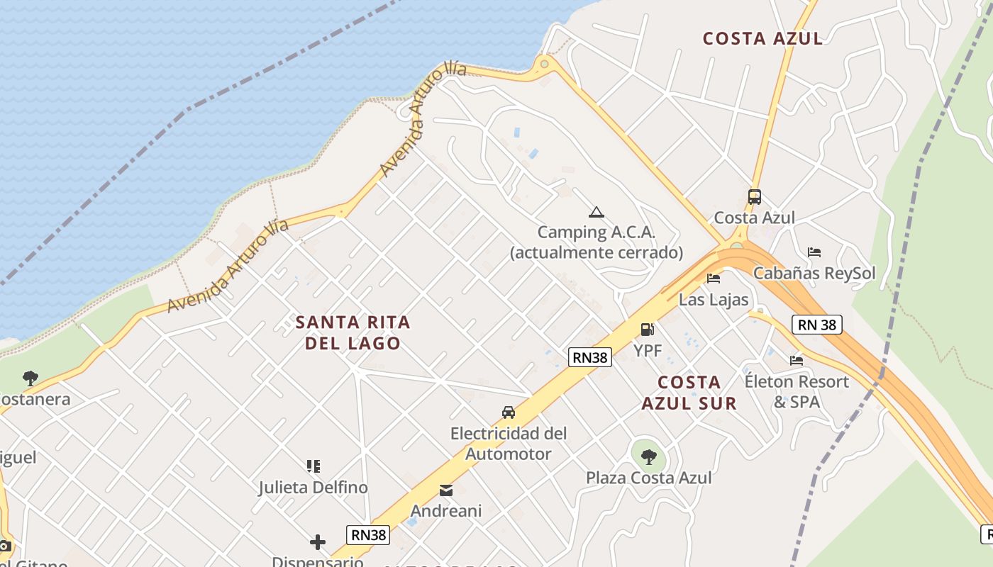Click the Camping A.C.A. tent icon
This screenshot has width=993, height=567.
596,212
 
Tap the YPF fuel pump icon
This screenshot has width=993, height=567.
647,330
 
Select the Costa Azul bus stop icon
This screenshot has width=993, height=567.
755,197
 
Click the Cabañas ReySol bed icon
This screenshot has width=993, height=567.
814,252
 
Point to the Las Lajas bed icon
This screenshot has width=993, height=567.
714,279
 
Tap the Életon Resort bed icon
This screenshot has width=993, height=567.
797,361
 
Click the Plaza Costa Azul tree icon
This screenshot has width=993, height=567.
648,456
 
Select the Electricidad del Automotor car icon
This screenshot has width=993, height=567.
509,412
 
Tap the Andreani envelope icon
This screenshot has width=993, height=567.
446,490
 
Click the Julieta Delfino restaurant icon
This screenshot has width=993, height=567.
314,466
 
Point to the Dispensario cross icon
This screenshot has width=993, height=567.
318,543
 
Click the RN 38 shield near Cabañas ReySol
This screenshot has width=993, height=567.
817,325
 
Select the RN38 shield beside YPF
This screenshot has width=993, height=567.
590,357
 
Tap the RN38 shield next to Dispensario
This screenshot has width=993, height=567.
368,534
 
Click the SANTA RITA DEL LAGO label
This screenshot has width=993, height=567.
353,332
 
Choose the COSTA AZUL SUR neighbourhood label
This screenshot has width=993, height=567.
689,393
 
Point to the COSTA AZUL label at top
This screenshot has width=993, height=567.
762,38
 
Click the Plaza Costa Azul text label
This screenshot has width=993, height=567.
648,478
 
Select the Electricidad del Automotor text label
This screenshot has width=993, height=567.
509,443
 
